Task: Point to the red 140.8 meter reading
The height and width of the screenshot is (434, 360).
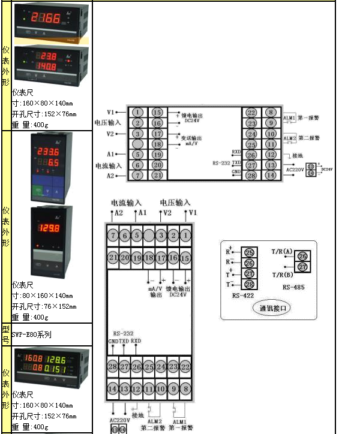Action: click(45, 66)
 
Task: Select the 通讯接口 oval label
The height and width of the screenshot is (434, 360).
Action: click(274, 309)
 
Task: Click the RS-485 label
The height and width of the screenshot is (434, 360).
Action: click(293, 287)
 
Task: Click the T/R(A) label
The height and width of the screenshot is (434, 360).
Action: click(282, 251)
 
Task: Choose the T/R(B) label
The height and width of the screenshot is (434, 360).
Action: click(282, 274)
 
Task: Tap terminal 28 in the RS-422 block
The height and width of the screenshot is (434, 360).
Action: click(249, 284)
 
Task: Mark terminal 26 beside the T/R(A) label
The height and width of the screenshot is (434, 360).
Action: click(303, 256)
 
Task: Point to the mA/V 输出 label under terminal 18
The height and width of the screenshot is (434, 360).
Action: click(156, 291)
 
